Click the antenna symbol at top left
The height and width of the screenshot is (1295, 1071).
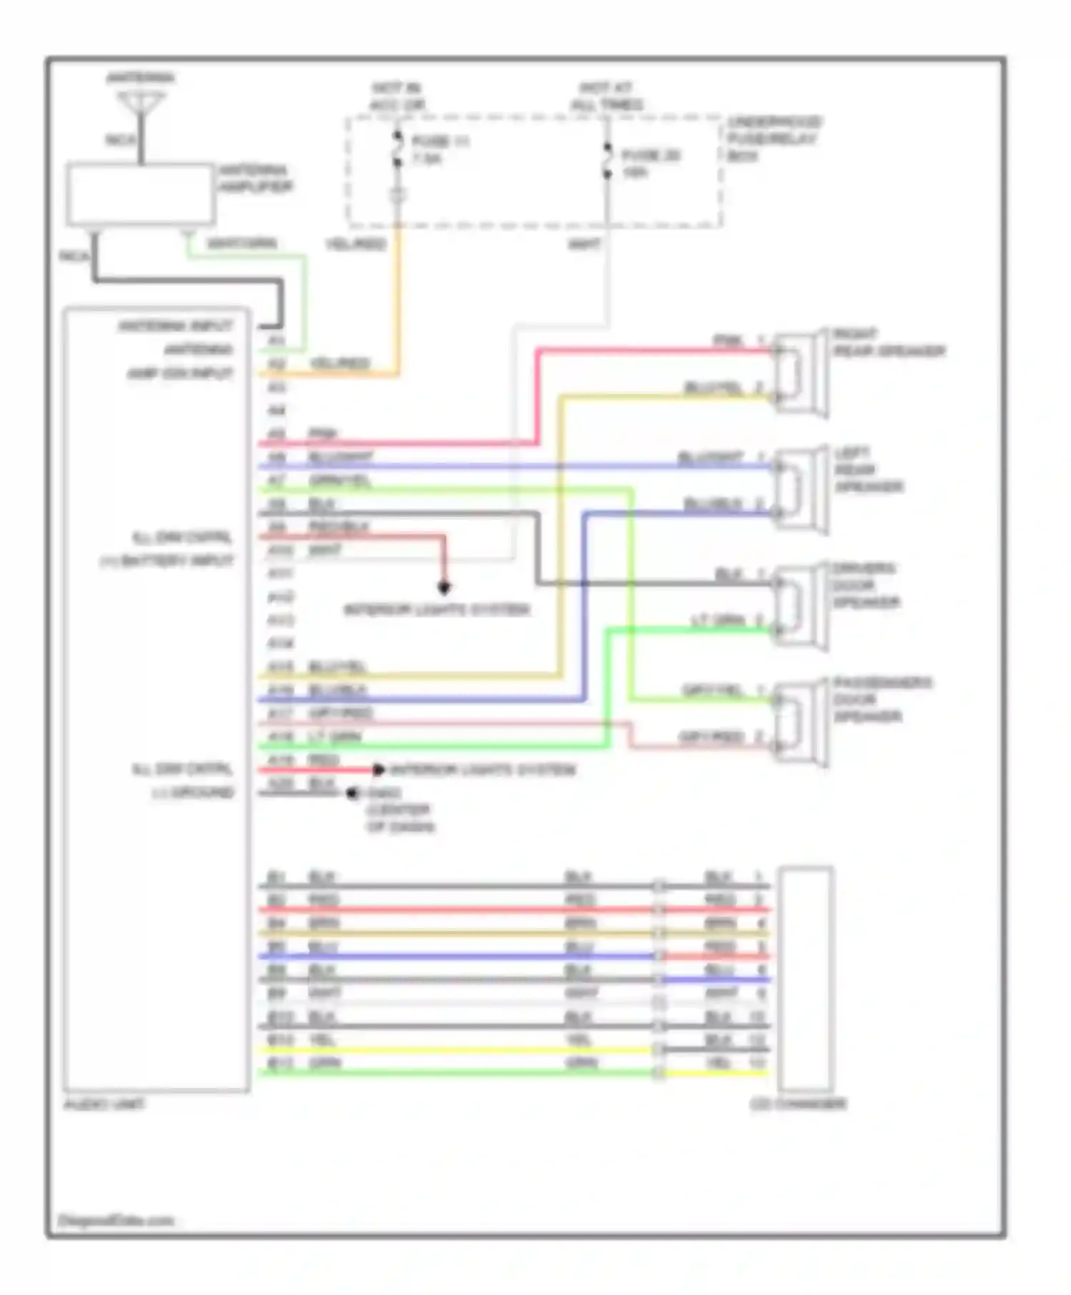pyautogui.click(x=141, y=104)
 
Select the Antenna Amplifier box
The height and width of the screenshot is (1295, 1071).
pyautogui.click(x=141, y=194)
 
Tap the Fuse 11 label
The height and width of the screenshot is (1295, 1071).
pyautogui.click(x=440, y=141)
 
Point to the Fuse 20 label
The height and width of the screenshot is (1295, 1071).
pyautogui.click(x=650, y=156)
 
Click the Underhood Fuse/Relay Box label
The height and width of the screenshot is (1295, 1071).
pyautogui.click(x=773, y=138)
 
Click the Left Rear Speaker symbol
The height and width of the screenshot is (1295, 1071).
pyautogui.click(x=800, y=490)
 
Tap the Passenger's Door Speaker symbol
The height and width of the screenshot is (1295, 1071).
pyautogui.click(x=800, y=723)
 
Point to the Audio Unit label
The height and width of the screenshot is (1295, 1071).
pyautogui.click(x=104, y=1104)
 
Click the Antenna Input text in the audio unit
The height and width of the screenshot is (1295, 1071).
pyautogui.click(x=176, y=326)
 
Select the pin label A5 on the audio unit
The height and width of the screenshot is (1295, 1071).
pyautogui.click(x=276, y=434)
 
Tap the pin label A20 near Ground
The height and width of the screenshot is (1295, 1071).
pyautogui.click(x=278, y=784)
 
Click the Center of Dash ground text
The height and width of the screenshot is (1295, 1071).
pyautogui.click(x=399, y=818)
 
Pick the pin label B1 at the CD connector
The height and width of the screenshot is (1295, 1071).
pyautogui.click(x=276, y=877)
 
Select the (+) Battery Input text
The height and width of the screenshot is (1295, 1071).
pyautogui.click(x=166, y=561)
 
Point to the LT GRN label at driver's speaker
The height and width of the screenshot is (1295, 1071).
pyautogui.click(x=718, y=620)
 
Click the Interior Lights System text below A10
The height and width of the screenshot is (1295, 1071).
pyautogui.click(x=437, y=610)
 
